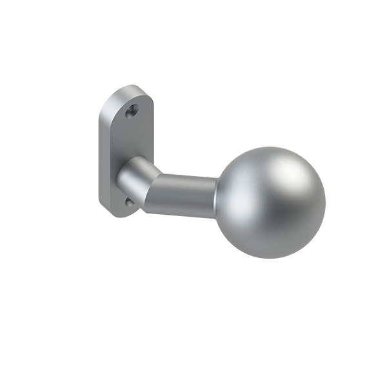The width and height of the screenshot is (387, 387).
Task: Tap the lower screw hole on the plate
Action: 129,203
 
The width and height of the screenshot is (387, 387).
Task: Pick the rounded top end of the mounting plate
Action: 132,90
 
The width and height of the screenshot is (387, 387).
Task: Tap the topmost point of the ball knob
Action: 271,148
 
